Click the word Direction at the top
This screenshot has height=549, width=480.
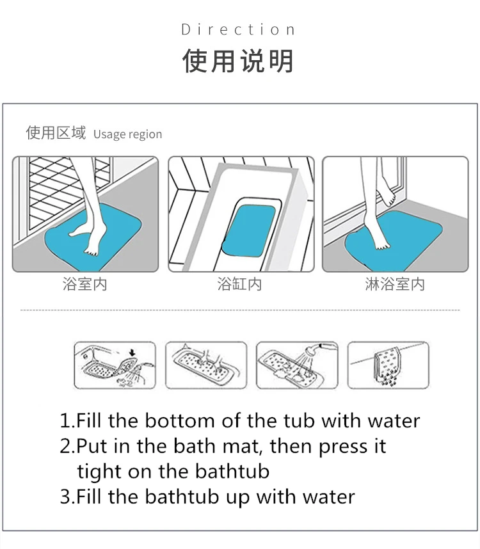[x=239, y=30]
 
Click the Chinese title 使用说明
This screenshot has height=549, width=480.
[x=239, y=61]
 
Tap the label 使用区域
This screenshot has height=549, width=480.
[x=56, y=133]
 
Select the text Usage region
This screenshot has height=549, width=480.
[x=127, y=134]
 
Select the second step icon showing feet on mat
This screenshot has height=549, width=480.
[x=206, y=365]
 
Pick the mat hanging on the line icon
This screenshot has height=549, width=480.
[x=387, y=366]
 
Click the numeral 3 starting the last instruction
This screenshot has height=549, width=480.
[x=65, y=497]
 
